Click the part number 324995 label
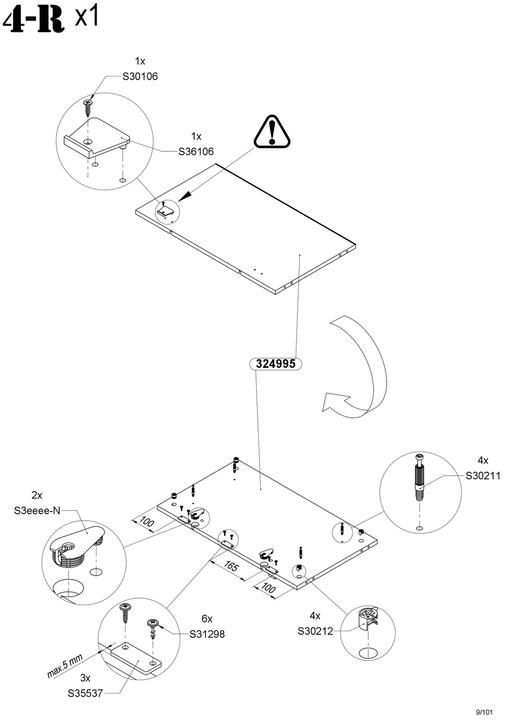[275, 364]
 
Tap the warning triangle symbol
[272, 131]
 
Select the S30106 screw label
[140, 76]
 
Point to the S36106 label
[196, 152]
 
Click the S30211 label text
[483, 476]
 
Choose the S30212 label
[315, 631]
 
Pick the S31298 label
[207, 634]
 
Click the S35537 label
[85, 694]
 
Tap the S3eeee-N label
[37, 510]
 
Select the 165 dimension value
[231, 567]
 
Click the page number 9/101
[485, 711]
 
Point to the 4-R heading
[32, 20]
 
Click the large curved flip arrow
[361, 366]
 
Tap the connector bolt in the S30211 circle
[420, 478]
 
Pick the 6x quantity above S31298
[207, 619]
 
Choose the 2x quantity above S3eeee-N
[37, 495]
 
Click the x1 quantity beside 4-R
[86, 17]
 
